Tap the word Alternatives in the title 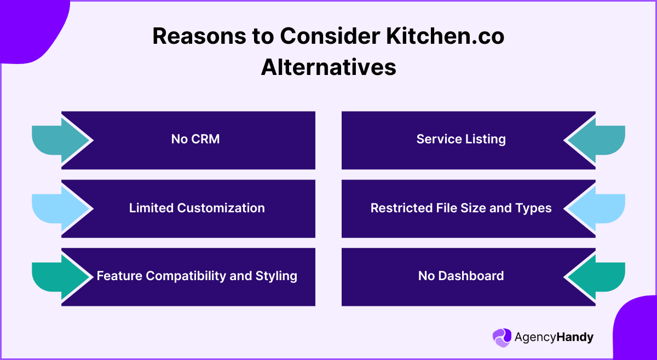328,67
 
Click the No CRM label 195,139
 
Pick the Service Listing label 461,139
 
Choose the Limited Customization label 197,208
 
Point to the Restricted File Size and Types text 461,208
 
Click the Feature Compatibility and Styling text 197,276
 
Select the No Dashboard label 461,276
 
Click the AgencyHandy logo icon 502,338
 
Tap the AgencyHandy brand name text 554,338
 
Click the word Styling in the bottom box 276,276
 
